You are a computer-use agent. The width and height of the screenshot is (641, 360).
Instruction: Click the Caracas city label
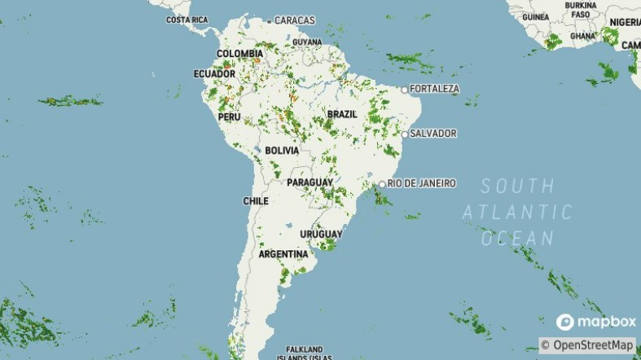click(294, 20)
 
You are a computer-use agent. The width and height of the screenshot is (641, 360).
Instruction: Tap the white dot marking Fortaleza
click(404, 89)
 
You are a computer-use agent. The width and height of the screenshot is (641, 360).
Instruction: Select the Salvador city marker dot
click(404, 134)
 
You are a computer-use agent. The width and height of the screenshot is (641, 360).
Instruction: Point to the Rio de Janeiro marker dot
click(382, 184)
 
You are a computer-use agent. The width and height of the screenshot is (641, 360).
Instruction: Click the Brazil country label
click(342, 114)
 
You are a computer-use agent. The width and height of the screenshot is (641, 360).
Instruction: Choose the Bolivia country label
click(282, 151)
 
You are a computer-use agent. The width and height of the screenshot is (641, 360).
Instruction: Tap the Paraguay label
click(310, 182)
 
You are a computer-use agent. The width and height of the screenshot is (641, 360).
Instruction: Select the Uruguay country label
click(320, 235)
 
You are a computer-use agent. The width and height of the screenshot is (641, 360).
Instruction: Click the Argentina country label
click(283, 254)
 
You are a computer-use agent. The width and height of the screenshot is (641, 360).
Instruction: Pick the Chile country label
click(256, 200)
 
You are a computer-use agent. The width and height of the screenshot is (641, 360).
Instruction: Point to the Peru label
click(229, 116)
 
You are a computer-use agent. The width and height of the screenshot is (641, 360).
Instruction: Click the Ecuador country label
click(214, 73)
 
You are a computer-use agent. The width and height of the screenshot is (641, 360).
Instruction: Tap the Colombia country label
click(239, 54)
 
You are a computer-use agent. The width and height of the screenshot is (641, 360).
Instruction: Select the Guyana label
click(307, 42)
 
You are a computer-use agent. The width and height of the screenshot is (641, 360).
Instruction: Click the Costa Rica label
click(187, 20)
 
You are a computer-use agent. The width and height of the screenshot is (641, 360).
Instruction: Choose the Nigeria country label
click(625, 22)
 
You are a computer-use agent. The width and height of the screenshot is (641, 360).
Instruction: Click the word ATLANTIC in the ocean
click(518, 213)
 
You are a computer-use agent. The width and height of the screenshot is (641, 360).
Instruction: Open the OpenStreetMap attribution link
click(592, 345)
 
